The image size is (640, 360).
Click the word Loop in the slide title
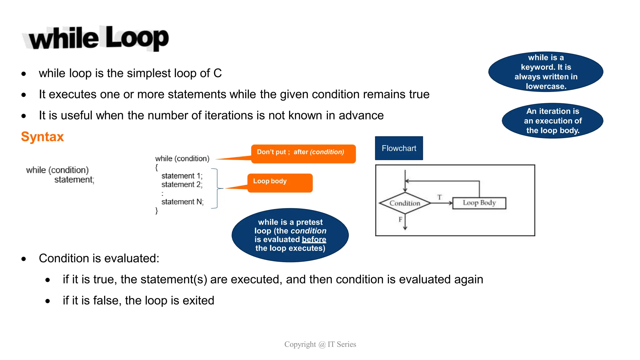click(137, 38)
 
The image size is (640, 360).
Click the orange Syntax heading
click(42, 137)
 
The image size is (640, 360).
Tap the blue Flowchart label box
click(399, 148)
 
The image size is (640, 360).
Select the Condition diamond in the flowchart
click(405, 203)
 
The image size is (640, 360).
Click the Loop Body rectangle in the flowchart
click(479, 203)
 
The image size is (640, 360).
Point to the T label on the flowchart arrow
click(439, 197)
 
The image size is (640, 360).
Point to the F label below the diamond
click(400, 220)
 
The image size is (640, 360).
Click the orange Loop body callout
click(280, 183)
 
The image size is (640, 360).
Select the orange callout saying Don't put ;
click(303, 153)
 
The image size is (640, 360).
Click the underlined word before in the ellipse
click(314, 239)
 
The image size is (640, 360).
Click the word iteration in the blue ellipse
click(554, 111)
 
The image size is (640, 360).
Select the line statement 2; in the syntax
click(182, 184)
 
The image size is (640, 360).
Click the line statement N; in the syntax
click(182, 202)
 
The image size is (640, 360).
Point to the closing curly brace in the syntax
click(157, 211)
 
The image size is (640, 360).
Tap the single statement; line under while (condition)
click(74, 180)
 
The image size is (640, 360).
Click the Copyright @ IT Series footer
click(320, 344)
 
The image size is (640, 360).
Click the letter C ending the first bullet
click(217, 73)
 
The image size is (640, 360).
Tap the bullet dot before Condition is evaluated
click(24, 259)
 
